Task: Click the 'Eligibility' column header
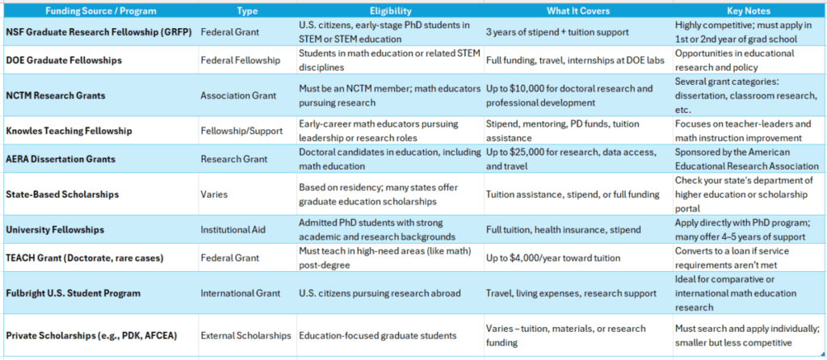coord(390,11)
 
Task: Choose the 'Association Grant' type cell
coord(239,95)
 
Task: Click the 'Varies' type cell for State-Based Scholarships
coord(215,195)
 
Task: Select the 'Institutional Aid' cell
coord(233,230)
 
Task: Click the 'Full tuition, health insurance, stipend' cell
coord(567,230)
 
